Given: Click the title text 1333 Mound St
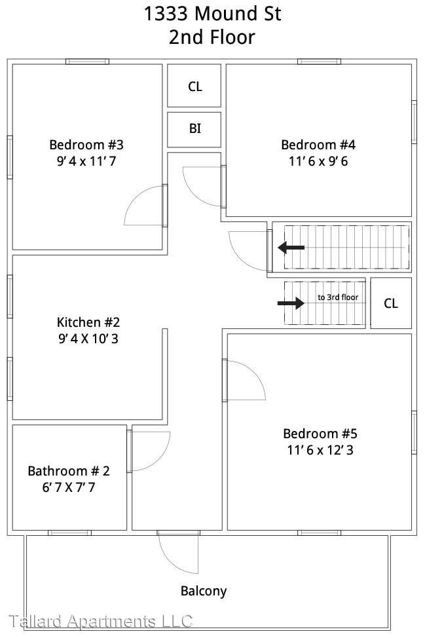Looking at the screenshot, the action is tap(212, 14).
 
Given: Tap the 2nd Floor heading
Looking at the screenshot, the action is tap(212, 37).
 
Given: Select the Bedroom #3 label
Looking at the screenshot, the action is tap(86, 145).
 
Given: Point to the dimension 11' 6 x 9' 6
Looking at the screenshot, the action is tap(318, 161).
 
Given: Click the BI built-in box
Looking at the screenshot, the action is tap(194, 130).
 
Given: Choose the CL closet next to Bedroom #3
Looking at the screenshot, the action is tap(194, 85).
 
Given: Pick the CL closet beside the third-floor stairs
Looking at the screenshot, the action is tap(391, 303).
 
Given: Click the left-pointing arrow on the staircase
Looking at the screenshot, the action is tap(291, 248).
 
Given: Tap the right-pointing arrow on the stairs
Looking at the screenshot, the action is tap(291, 303).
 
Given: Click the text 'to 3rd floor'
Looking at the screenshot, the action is tap(338, 297).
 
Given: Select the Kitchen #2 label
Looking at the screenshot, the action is tap(88, 322).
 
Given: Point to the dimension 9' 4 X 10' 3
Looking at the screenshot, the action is tap(88, 339).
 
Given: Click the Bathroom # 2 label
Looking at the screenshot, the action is tap(69, 471).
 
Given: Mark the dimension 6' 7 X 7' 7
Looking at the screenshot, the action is tap(69, 487).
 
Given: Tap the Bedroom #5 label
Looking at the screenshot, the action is tap(320, 434).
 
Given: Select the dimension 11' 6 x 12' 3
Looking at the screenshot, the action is tap(320, 450).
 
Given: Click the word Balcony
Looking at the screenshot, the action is tap(204, 591).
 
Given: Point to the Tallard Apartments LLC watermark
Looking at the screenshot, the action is tap(100, 622).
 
